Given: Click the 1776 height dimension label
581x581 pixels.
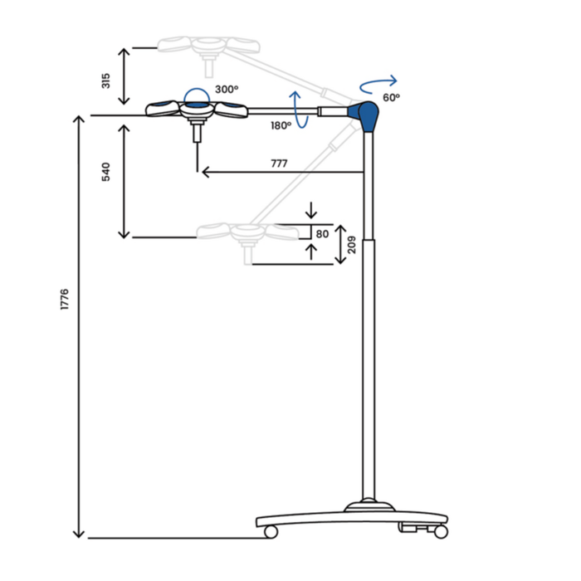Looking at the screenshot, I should click(x=65, y=300).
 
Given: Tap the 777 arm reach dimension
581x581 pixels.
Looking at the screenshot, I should click(x=279, y=164).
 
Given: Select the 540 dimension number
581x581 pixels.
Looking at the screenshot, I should click(x=106, y=173).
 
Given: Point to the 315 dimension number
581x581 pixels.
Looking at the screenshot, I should click(x=106, y=81).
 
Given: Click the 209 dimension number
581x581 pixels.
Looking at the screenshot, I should click(x=352, y=246).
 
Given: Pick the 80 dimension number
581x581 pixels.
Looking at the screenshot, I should click(x=324, y=234).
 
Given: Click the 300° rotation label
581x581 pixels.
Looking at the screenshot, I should click(x=226, y=89).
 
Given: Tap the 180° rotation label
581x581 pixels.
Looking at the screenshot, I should click(x=281, y=125).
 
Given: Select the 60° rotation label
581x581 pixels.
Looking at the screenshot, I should click(x=391, y=97).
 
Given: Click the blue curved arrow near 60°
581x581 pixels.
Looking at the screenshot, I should click(x=378, y=83).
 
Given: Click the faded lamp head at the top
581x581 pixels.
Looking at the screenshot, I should click(x=205, y=44).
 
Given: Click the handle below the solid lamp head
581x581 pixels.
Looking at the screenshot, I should click(x=198, y=131).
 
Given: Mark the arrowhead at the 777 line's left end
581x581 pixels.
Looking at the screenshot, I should click(x=203, y=172).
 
